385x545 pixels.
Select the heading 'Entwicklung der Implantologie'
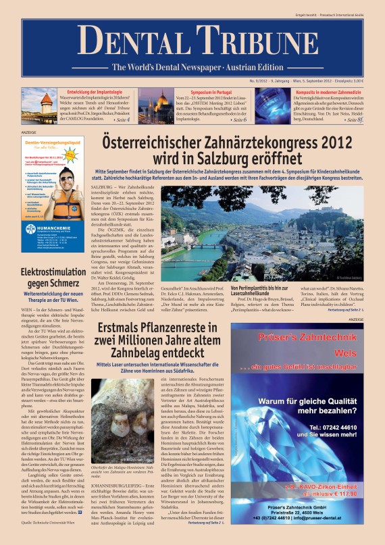(97, 90)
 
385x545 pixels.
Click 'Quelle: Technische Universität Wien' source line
(52, 523)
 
